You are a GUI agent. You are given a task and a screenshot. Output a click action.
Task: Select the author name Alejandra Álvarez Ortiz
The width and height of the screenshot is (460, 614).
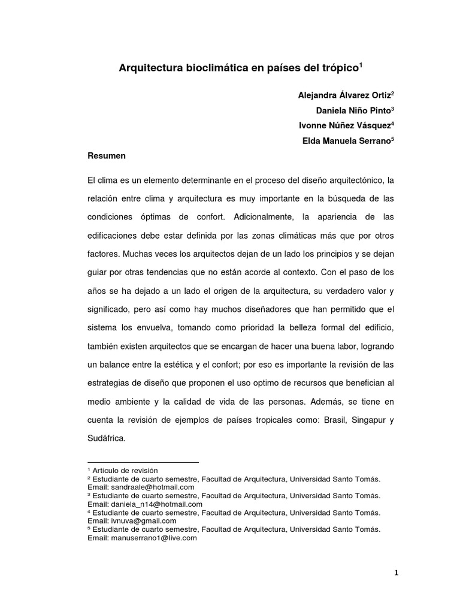[x=346, y=96]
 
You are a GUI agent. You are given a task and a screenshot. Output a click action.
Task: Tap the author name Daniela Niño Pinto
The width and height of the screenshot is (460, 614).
[x=355, y=111]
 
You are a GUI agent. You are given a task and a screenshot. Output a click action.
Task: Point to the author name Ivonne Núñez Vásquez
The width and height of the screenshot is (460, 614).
[x=346, y=125]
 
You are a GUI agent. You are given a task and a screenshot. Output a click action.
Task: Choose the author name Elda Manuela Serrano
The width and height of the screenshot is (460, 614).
[x=349, y=140]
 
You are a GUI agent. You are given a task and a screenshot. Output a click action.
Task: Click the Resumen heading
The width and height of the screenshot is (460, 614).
[x=107, y=156]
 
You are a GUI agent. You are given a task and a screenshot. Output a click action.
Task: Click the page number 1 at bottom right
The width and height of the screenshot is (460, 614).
[x=396, y=573]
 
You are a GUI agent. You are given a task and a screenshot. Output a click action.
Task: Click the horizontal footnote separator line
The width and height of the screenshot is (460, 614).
[x=143, y=463]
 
